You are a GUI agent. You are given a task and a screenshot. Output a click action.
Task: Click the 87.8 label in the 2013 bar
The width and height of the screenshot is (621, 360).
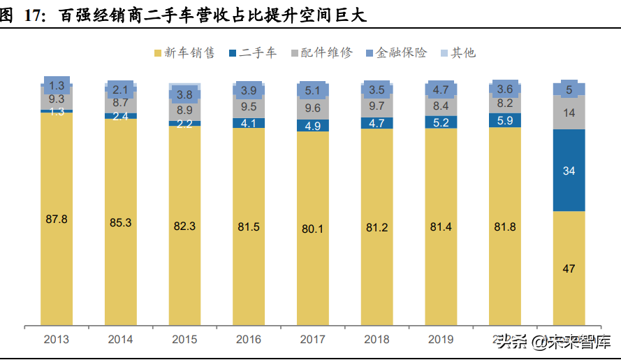click(x=56, y=219)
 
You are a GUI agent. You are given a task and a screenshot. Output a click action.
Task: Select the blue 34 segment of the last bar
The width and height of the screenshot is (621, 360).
click(x=569, y=171)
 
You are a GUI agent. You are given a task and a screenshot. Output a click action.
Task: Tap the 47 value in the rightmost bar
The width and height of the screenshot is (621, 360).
click(x=569, y=268)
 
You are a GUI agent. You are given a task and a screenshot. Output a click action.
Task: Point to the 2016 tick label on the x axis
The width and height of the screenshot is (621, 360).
click(x=249, y=340)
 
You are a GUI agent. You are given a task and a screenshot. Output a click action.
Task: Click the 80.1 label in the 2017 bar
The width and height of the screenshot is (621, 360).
click(x=312, y=227)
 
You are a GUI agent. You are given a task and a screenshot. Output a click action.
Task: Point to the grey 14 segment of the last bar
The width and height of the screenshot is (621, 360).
click(x=569, y=113)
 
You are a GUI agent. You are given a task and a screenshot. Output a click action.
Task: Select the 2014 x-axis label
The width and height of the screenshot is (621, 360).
click(x=120, y=340)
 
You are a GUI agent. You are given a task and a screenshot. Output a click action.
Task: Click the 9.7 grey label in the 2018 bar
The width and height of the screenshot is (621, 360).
click(x=377, y=106)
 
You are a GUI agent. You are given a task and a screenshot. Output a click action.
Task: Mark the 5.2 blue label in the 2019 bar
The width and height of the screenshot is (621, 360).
click(x=441, y=122)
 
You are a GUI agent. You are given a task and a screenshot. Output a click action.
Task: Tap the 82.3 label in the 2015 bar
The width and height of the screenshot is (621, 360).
click(x=184, y=226)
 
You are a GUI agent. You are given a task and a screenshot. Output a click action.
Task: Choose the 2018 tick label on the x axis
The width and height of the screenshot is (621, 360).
click(x=377, y=340)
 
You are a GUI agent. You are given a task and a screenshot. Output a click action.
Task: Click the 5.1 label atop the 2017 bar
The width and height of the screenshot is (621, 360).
click(x=312, y=89)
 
